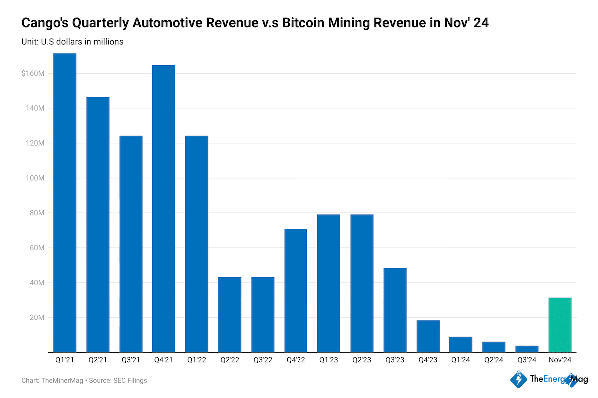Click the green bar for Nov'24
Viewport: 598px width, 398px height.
560,324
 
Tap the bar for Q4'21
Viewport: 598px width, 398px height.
164,208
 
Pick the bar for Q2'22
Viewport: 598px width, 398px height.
230,314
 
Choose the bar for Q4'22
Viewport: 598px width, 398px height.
296,291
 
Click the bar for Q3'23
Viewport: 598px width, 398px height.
395,310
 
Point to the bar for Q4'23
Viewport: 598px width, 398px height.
428,336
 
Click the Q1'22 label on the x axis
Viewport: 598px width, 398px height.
197,360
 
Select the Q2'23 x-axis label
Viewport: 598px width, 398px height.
362,360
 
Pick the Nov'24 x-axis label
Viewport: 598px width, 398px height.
560,360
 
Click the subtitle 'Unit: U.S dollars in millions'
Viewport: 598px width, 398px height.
72,42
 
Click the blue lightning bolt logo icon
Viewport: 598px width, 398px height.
519,379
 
